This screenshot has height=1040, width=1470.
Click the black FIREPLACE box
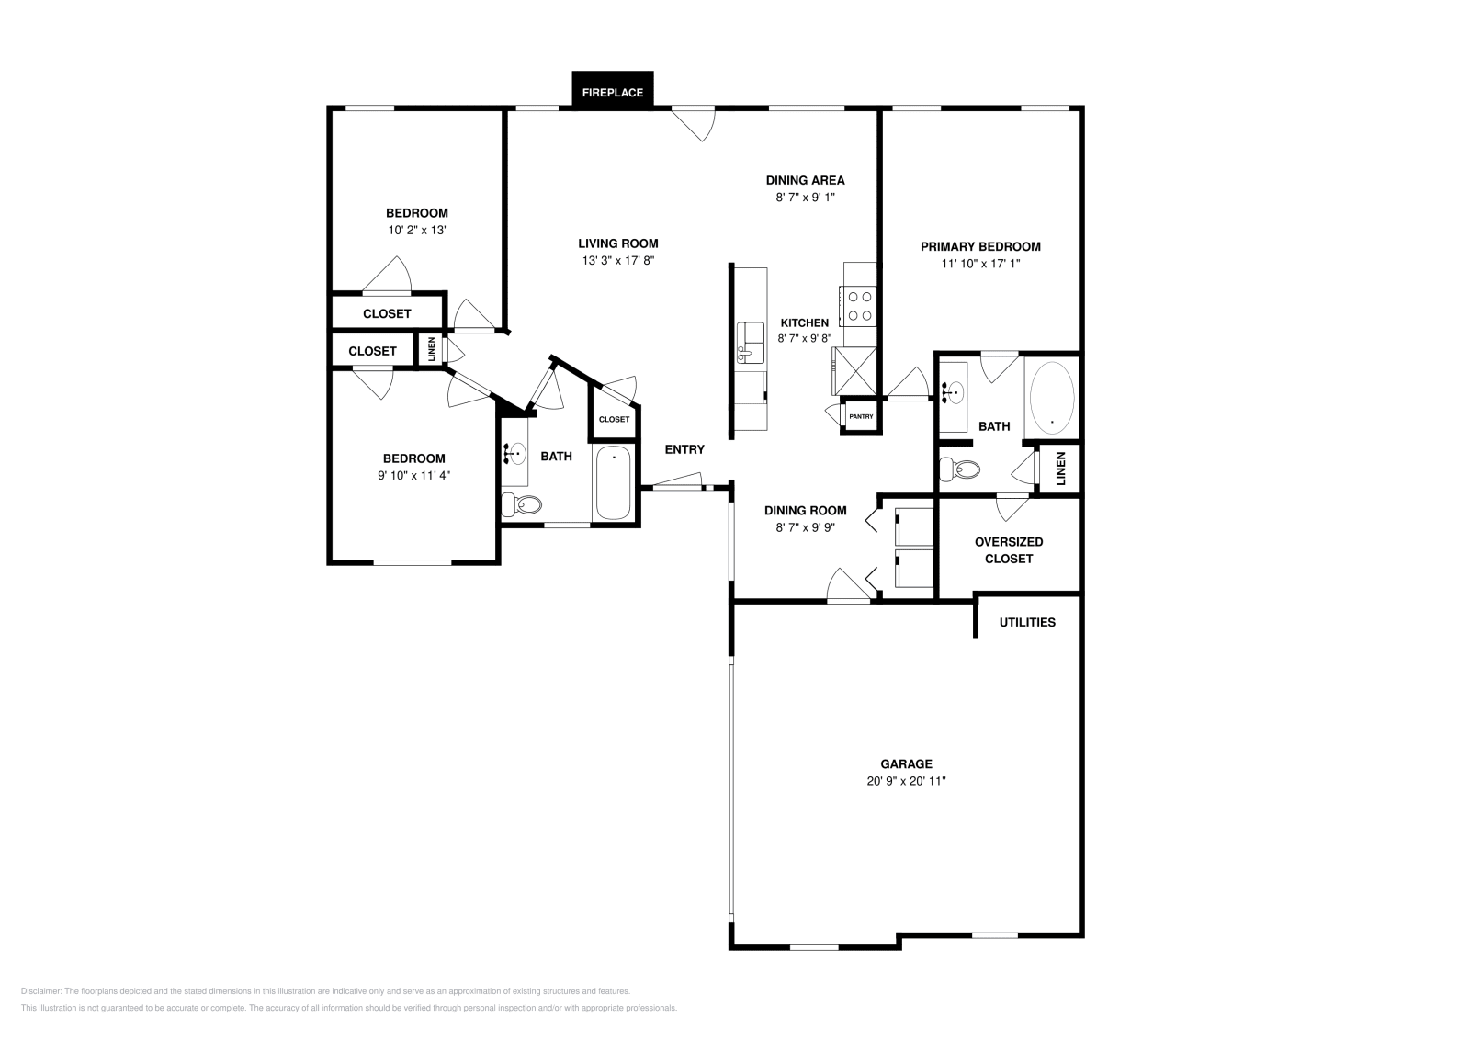pos(613,91)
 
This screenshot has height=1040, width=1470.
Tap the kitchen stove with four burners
pos(861,306)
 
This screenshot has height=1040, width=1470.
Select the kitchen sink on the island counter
pos(752,342)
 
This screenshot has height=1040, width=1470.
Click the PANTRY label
pos(861,416)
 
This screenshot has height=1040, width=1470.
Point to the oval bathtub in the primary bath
pos(1052,398)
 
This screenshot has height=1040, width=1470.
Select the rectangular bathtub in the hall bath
pos(614,483)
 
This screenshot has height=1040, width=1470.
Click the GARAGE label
pos(906,763)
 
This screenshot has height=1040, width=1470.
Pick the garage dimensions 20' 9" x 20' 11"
pos(906,781)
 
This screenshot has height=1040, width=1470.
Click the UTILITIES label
pos(1027,622)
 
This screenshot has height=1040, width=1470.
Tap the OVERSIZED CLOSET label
pos(1009,549)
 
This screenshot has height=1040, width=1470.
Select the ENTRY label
pos(684,449)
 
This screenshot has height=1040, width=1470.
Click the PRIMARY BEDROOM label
pos(980,246)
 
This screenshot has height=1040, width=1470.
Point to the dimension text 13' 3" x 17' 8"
pos(617,261)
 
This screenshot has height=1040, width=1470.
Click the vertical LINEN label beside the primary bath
pos(1060,469)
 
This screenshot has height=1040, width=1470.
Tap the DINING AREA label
pos(805,180)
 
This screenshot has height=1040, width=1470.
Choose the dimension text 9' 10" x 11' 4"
pos(413,476)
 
